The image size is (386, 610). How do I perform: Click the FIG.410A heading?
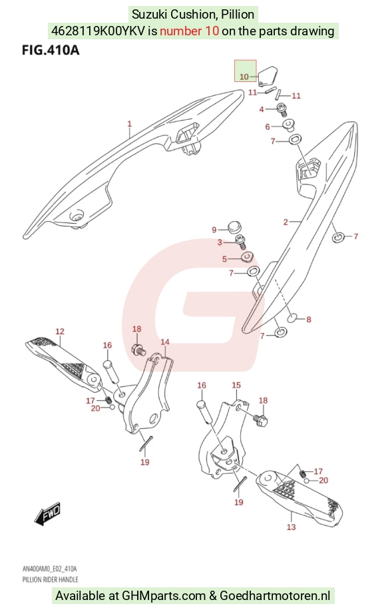[51, 50]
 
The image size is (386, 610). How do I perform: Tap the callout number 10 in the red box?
[244, 77]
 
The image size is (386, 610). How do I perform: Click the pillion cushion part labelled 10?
[267, 76]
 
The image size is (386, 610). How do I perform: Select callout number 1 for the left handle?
[130, 124]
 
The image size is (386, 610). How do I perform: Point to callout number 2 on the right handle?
[286, 222]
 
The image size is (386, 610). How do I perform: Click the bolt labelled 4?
[282, 109]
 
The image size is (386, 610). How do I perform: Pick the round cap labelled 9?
[234, 226]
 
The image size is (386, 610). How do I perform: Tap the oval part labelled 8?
[293, 319]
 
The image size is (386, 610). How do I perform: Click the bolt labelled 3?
[242, 242]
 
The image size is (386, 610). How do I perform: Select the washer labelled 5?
[247, 257]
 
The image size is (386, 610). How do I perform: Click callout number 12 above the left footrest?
[60, 332]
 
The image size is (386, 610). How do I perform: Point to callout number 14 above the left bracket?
[165, 342]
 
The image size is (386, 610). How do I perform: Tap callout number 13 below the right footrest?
[291, 527]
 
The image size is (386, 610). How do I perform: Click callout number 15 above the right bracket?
[236, 385]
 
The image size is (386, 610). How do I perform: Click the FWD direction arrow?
[47, 512]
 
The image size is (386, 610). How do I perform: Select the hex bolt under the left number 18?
[138, 350]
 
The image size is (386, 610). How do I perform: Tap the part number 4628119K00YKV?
[98, 31]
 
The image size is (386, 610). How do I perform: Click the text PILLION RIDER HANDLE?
[50, 579]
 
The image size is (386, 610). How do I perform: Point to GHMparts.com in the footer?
[164, 595]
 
